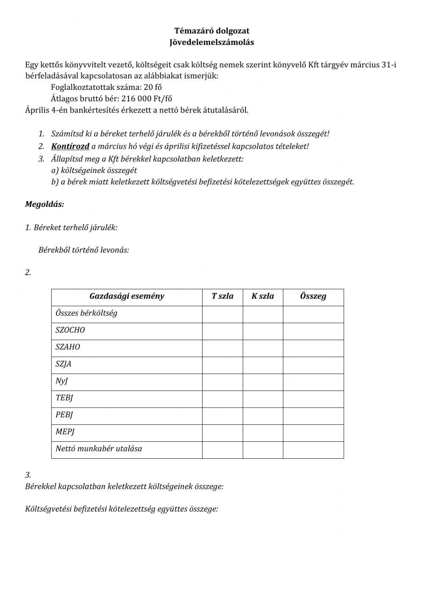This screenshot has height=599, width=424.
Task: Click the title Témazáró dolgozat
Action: (x=212, y=31)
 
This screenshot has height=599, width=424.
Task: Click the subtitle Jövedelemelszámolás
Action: (x=212, y=42)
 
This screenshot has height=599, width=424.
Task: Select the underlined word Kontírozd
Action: (x=70, y=146)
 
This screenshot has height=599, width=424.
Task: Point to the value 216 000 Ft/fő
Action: (x=147, y=98)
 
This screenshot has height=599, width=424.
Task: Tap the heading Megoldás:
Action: (x=45, y=204)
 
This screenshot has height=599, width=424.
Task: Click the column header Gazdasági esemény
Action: (x=127, y=296)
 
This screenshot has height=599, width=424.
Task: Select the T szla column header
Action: (x=223, y=296)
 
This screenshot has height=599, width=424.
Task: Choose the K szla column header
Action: (x=263, y=296)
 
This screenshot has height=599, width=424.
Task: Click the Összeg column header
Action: (x=313, y=296)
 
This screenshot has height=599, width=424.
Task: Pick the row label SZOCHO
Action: (x=70, y=330)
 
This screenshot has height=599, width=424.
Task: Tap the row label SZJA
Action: (x=64, y=364)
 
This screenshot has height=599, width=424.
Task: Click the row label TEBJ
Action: (x=64, y=398)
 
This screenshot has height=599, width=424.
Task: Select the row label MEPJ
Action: (x=65, y=432)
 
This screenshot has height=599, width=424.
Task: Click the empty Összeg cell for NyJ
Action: (x=313, y=382)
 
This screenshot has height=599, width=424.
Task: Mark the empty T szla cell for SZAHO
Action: (x=223, y=348)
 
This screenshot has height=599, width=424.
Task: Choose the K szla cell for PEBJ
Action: (x=263, y=416)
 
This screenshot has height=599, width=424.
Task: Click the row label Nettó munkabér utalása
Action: (x=99, y=449)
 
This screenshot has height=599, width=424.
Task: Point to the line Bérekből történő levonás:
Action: (x=84, y=250)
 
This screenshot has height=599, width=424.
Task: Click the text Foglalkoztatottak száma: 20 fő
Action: (x=106, y=87)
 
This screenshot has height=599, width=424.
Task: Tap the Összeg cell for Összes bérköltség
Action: (x=313, y=314)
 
